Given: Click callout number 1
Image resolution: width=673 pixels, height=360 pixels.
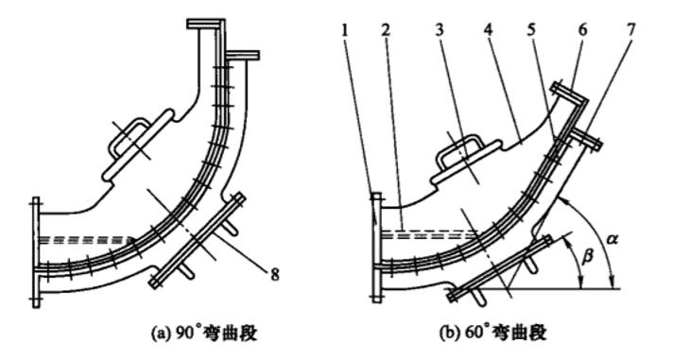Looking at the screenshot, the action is [x=347, y=30].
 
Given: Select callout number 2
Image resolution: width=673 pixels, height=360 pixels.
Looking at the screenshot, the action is [x=387, y=30].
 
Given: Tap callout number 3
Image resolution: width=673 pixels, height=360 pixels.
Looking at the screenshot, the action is [x=439, y=30].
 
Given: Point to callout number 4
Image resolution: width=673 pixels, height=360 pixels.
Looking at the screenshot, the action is [x=489, y=30].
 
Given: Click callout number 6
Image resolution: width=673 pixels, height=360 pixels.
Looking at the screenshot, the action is [x=582, y=30].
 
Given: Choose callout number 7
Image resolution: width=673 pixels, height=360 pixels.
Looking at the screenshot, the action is [x=630, y=30].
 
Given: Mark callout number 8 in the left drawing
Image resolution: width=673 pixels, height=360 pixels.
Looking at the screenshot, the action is [x=275, y=274].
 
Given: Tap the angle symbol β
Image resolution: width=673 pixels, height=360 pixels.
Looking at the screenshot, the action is [x=588, y=257].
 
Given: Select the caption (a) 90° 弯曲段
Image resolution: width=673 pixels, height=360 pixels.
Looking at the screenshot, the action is [x=204, y=333].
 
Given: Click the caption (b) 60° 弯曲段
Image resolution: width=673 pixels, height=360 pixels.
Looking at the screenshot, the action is [x=493, y=333].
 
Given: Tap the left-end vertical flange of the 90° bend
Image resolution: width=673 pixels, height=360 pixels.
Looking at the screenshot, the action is [x=36, y=252].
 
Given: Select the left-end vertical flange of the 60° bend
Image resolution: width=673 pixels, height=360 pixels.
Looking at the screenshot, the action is [x=376, y=248].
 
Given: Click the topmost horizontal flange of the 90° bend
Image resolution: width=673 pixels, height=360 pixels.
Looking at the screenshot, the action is [x=206, y=23].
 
